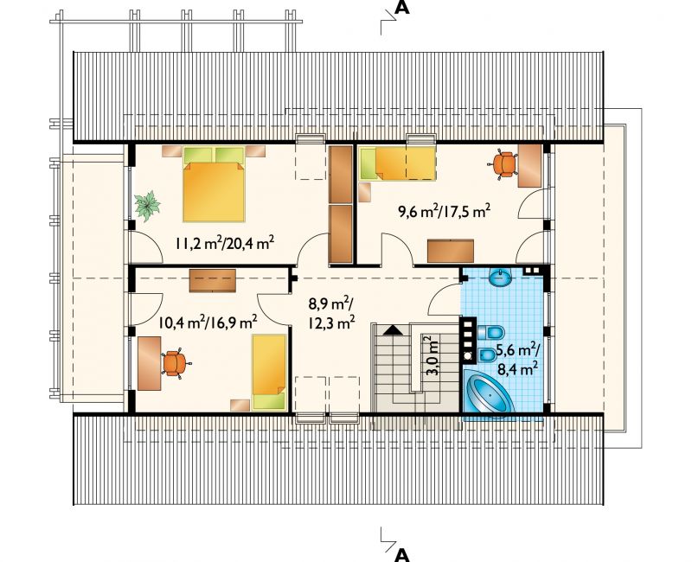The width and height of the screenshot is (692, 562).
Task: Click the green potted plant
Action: [147, 206]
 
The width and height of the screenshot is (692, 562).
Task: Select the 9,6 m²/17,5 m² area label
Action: [445, 211]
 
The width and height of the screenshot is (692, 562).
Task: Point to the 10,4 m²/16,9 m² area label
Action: [208, 323]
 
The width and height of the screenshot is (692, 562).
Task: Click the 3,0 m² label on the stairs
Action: [433, 355]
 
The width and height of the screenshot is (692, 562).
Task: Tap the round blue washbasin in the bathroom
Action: [501, 277]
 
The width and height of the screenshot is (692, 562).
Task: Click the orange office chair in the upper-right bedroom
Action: [503, 164]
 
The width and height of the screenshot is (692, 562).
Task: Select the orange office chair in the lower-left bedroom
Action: [176, 363]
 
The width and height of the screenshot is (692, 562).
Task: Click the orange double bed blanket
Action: [214, 192]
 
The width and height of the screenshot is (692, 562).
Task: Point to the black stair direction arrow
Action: [392, 330]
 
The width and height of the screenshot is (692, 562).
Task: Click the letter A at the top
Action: [401, 8]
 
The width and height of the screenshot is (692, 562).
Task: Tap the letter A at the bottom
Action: [401, 554]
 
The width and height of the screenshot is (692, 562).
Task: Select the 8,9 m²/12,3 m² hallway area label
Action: [330, 314]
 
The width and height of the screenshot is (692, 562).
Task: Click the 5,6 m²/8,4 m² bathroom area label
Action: [517, 359]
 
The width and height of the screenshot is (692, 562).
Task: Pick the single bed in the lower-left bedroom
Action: [269, 372]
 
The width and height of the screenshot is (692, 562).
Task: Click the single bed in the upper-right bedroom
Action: [398, 163]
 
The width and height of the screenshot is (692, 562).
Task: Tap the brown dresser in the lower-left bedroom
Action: [212, 280]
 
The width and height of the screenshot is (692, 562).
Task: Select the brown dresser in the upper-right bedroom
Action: [450, 251]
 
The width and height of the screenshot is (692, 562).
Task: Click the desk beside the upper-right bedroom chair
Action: [529, 166]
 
